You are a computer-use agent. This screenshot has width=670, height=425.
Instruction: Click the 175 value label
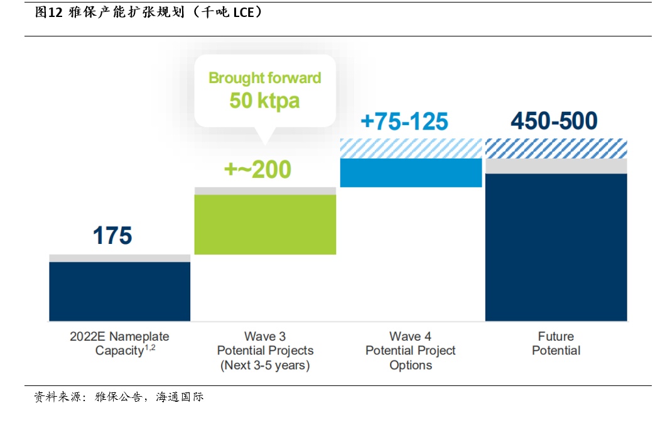point(112,235)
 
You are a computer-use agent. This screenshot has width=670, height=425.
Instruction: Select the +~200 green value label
point(257,169)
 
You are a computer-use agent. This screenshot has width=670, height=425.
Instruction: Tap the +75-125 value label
point(404,121)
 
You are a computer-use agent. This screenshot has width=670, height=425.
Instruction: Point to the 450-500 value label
point(554,121)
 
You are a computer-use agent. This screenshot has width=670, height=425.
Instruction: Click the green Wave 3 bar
point(266,224)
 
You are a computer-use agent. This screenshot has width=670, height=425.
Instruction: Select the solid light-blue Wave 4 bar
point(411,173)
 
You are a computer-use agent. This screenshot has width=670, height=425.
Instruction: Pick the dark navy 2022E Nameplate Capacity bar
point(120,292)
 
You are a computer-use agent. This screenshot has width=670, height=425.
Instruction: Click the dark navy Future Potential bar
point(556,247)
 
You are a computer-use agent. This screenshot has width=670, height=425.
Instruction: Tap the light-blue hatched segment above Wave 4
point(411,148)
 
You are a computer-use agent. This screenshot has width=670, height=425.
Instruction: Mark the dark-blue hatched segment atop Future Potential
point(556,148)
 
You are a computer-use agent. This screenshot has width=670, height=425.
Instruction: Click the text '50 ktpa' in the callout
point(264,101)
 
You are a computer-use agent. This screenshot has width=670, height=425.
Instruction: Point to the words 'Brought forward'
point(265,78)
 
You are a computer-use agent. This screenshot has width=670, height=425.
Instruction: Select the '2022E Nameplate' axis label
point(120,336)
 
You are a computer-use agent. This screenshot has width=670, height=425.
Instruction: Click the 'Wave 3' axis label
point(265,336)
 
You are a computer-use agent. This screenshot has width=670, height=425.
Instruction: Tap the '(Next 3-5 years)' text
point(265,365)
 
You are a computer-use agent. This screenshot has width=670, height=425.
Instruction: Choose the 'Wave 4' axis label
point(410,336)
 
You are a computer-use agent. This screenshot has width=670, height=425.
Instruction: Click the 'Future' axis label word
point(556,336)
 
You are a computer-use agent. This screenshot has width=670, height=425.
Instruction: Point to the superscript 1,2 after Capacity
point(150,348)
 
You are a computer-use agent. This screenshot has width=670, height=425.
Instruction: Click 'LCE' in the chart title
point(244,13)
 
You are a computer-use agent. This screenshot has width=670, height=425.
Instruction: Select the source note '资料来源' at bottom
point(58,397)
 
